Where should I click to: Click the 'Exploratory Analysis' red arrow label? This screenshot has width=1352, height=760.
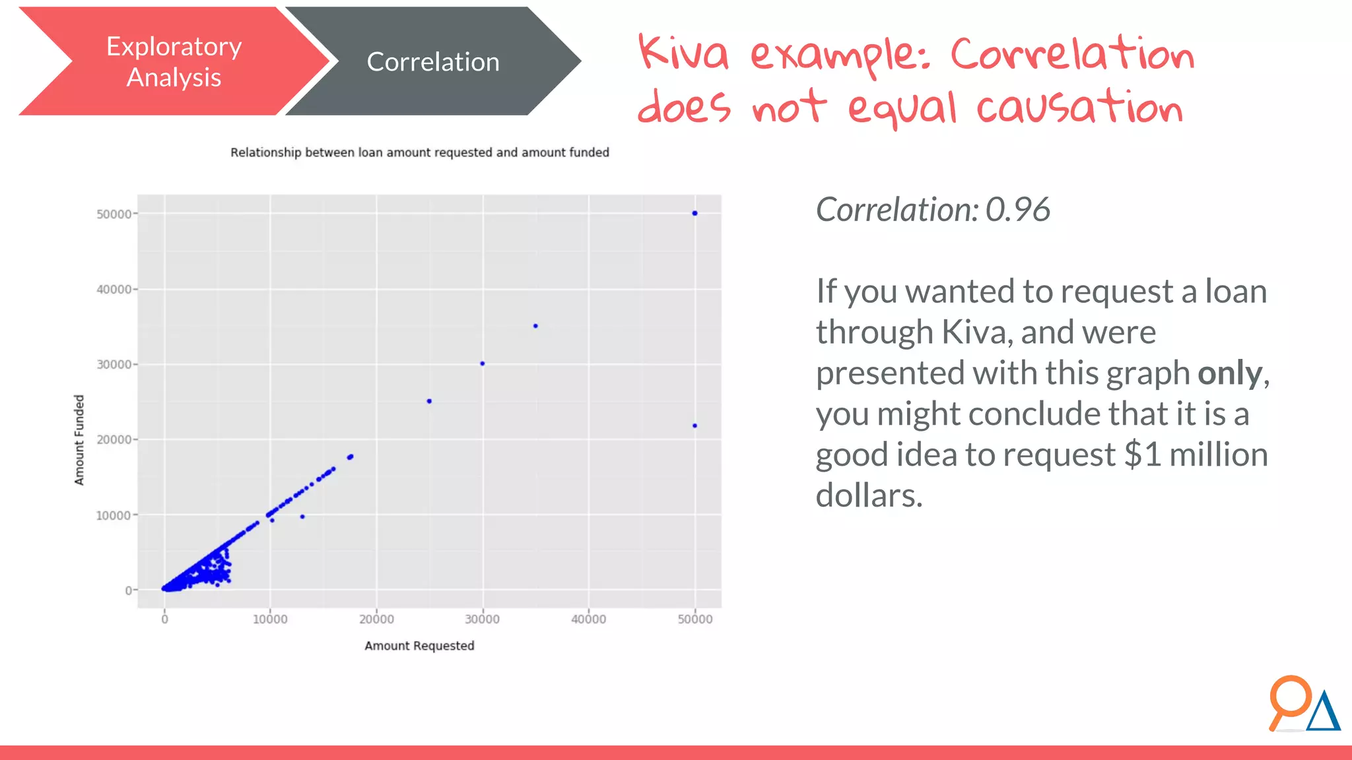click(174, 62)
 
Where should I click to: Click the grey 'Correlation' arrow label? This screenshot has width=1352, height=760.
click(432, 62)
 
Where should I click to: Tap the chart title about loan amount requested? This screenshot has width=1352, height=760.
click(419, 152)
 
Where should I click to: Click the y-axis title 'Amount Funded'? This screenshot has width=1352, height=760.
click(79, 440)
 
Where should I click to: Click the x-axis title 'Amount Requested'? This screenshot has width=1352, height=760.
click(419, 646)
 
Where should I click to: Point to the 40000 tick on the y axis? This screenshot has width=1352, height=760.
click(114, 290)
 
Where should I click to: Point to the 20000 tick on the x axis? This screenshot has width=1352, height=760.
click(376, 619)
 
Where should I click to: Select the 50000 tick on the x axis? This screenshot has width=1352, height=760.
click(695, 619)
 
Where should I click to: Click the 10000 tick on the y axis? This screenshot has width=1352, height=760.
click(114, 515)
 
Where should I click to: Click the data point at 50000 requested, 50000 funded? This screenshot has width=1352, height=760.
click(694, 213)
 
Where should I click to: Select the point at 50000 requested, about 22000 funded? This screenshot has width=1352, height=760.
click(694, 426)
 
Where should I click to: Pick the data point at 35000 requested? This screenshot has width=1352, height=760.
click(535, 326)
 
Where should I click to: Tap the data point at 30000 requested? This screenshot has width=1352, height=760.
click(483, 364)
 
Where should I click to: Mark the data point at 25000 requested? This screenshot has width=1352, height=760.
click(429, 401)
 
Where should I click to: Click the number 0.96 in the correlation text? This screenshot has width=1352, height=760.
click(1017, 210)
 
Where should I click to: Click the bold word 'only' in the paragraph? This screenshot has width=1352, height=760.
click(1230, 373)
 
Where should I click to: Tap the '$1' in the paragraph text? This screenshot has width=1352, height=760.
click(1143, 455)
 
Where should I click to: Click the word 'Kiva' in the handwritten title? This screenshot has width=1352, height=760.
click(683, 54)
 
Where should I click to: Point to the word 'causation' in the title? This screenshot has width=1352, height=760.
click(1079, 108)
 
